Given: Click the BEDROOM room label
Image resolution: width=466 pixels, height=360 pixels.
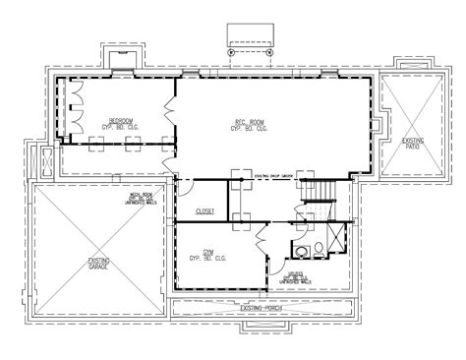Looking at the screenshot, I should pos(122,123).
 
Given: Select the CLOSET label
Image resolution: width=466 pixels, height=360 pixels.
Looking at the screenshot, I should pos(205,210).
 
